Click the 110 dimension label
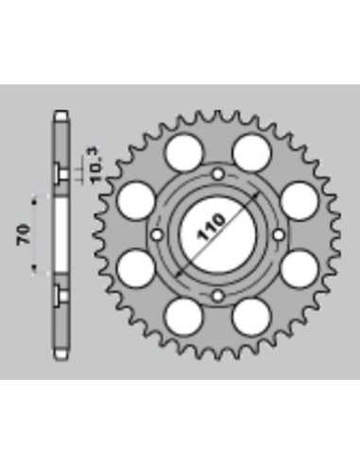pyautogui.click(x=211, y=227)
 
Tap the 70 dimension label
pyautogui.click(x=24, y=234)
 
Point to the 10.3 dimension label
pyautogui.click(x=96, y=165)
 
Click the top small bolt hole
pyautogui.click(x=218, y=174)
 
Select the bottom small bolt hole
pyautogui.click(x=218, y=296)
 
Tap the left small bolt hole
pyautogui.click(x=157, y=234)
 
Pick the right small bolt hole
pyautogui.click(x=279, y=234)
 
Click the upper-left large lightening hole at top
pyautogui.click(x=183, y=152)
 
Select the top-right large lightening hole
pyautogui.click(x=251, y=152)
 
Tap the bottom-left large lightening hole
pyautogui.click(x=183, y=317)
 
